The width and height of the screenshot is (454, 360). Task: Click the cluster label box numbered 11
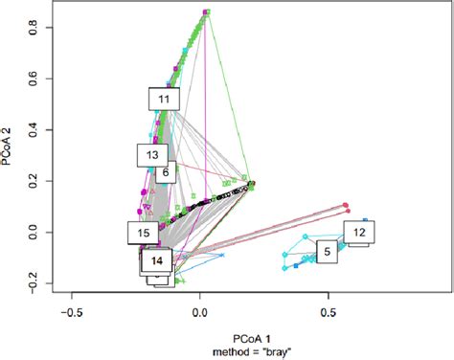click(164, 99)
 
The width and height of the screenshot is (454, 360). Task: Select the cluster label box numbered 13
click(151, 154)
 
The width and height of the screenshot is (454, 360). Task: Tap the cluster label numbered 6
click(166, 172)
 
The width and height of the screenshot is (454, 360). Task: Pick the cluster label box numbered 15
click(143, 232)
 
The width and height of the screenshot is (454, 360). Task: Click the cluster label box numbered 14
click(157, 259)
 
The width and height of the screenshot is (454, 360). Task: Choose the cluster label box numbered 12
click(358, 232)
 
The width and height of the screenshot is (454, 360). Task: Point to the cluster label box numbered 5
click(327, 252)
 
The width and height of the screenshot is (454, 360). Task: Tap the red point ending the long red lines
click(346, 205)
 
